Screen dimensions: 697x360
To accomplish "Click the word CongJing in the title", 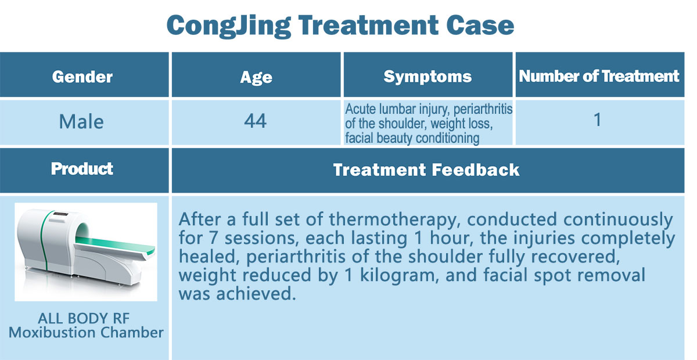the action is (229, 26).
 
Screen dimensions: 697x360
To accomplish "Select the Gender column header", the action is (82, 77).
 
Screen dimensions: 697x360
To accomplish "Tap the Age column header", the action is (256, 77).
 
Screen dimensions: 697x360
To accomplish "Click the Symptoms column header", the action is (427, 77).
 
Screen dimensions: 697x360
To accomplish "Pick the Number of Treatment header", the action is (599, 76).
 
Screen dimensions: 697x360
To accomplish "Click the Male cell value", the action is (81, 121).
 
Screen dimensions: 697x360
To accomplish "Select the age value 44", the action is (255, 121).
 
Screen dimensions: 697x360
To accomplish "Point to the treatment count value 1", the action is (598, 120).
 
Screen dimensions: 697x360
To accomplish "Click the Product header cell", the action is (82, 169).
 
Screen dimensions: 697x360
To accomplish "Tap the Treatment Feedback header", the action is (426, 170).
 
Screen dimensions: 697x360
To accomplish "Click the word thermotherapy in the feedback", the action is (394, 220).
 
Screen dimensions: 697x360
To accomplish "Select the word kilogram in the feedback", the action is (399, 276).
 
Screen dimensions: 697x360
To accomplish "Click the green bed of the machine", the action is (115, 243).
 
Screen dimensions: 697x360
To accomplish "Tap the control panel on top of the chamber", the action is (61, 214).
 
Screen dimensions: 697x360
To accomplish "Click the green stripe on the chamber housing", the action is (45, 241).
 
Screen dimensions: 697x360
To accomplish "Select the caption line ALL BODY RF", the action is (84, 318).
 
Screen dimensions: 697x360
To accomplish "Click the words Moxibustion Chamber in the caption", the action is (86, 333).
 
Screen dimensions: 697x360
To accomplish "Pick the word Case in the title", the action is (480, 26).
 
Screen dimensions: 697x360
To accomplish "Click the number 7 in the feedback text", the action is (213, 238).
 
